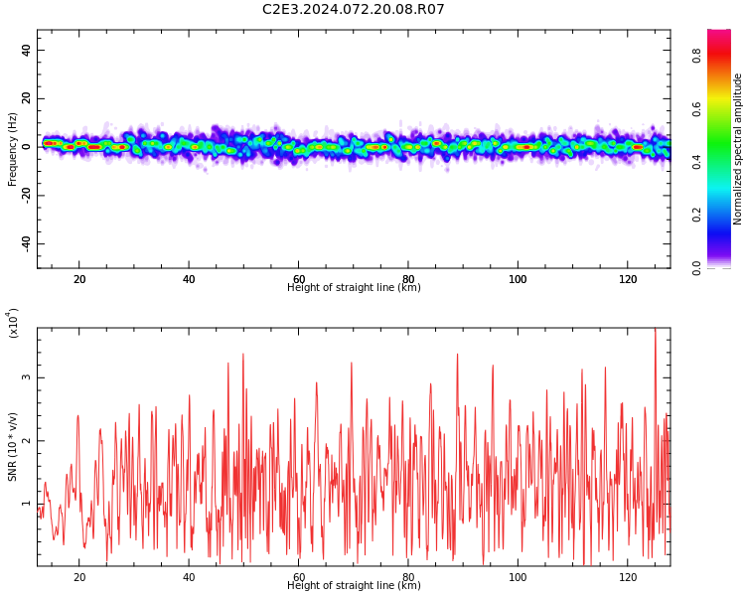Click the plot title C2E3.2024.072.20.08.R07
click(x=353, y=9)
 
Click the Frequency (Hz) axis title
click(x=12, y=149)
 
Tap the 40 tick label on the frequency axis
click(x=26, y=50)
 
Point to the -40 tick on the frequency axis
click(x=26, y=243)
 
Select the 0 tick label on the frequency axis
click(x=26, y=147)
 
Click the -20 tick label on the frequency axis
click(x=26, y=196)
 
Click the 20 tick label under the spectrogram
click(x=79, y=279)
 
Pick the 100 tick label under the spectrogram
click(x=518, y=279)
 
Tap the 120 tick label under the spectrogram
click(x=628, y=279)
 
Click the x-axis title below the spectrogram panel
click(x=354, y=287)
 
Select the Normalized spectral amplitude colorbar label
click(x=737, y=149)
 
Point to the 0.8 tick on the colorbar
click(x=697, y=57)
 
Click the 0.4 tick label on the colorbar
click(x=697, y=163)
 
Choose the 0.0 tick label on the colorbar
click(x=697, y=268)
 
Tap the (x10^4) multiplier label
click(x=13, y=323)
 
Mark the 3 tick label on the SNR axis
click(x=26, y=377)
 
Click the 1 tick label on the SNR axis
click(x=26, y=504)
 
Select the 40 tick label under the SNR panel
click(x=189, y=577)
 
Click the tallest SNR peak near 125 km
click(x=656, y=329)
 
